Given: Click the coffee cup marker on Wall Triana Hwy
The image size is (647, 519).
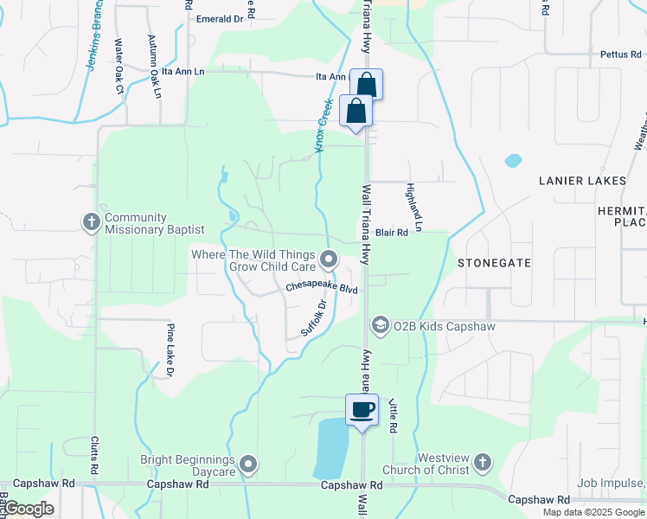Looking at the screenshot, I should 362,409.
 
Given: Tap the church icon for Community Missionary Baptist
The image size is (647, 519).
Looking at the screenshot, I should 91,222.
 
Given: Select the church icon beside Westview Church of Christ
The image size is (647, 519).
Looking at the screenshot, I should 483,465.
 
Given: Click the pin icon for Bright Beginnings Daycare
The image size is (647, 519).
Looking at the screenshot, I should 249,465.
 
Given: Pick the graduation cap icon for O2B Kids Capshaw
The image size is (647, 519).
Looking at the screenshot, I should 380,324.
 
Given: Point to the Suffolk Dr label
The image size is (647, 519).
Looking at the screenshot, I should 316,318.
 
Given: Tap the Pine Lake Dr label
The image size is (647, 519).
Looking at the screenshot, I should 170,349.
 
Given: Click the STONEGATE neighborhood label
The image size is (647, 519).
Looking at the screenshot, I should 494,261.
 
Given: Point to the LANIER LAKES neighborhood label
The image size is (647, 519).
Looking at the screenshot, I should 582,181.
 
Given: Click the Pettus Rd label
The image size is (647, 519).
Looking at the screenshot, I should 621,54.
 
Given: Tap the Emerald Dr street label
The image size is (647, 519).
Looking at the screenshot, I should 220,19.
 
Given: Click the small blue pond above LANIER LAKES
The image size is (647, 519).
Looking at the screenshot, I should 513,160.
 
